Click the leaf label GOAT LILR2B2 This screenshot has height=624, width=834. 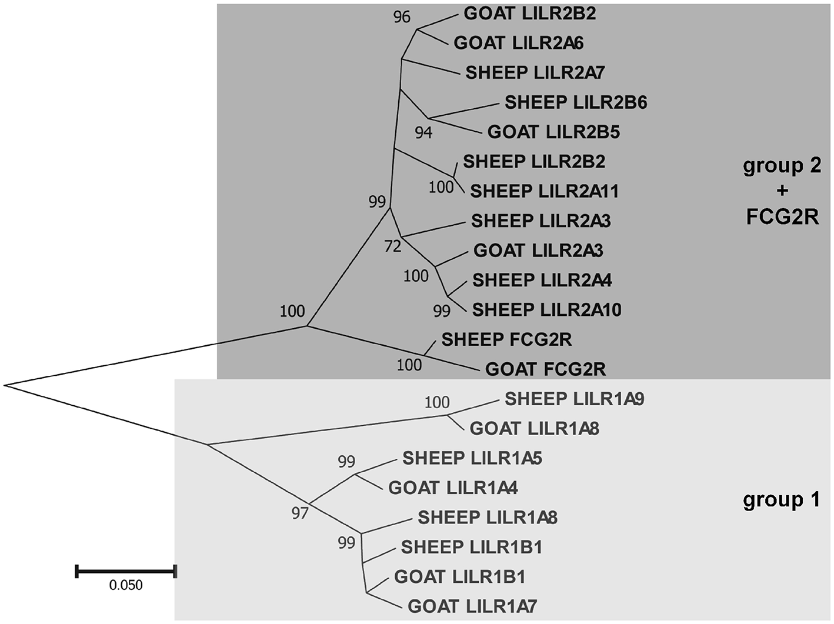[x=529, y=13]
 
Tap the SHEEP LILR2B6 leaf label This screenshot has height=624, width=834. [x=575, y=102]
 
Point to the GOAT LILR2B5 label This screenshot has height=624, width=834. [x=553, y=132]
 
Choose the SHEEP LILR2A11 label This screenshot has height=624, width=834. [x=544, y=191]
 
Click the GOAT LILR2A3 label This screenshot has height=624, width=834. [x=538, y=251]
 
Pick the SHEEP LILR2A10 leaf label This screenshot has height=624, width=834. [x=546, y=309]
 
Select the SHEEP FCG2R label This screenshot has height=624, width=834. [x=506, y=339]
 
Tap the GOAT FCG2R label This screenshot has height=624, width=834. [x=545, y=369]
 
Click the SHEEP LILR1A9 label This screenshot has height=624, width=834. [x=574, y=399]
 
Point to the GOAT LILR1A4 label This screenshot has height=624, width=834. [x=453, y=488]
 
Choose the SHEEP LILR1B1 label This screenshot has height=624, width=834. [x=471, y=547]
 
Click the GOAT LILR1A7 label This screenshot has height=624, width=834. [x=472, y=606]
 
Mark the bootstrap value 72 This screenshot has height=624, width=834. [x=392, y=246]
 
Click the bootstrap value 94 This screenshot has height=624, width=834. [x=423, y=133]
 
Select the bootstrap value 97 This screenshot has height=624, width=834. [x=300, y=513]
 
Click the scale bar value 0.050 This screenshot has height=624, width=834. [x=126, y=585]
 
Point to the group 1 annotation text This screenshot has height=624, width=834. [x=781, y=500]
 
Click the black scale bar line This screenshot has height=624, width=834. [x=126, y=570]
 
